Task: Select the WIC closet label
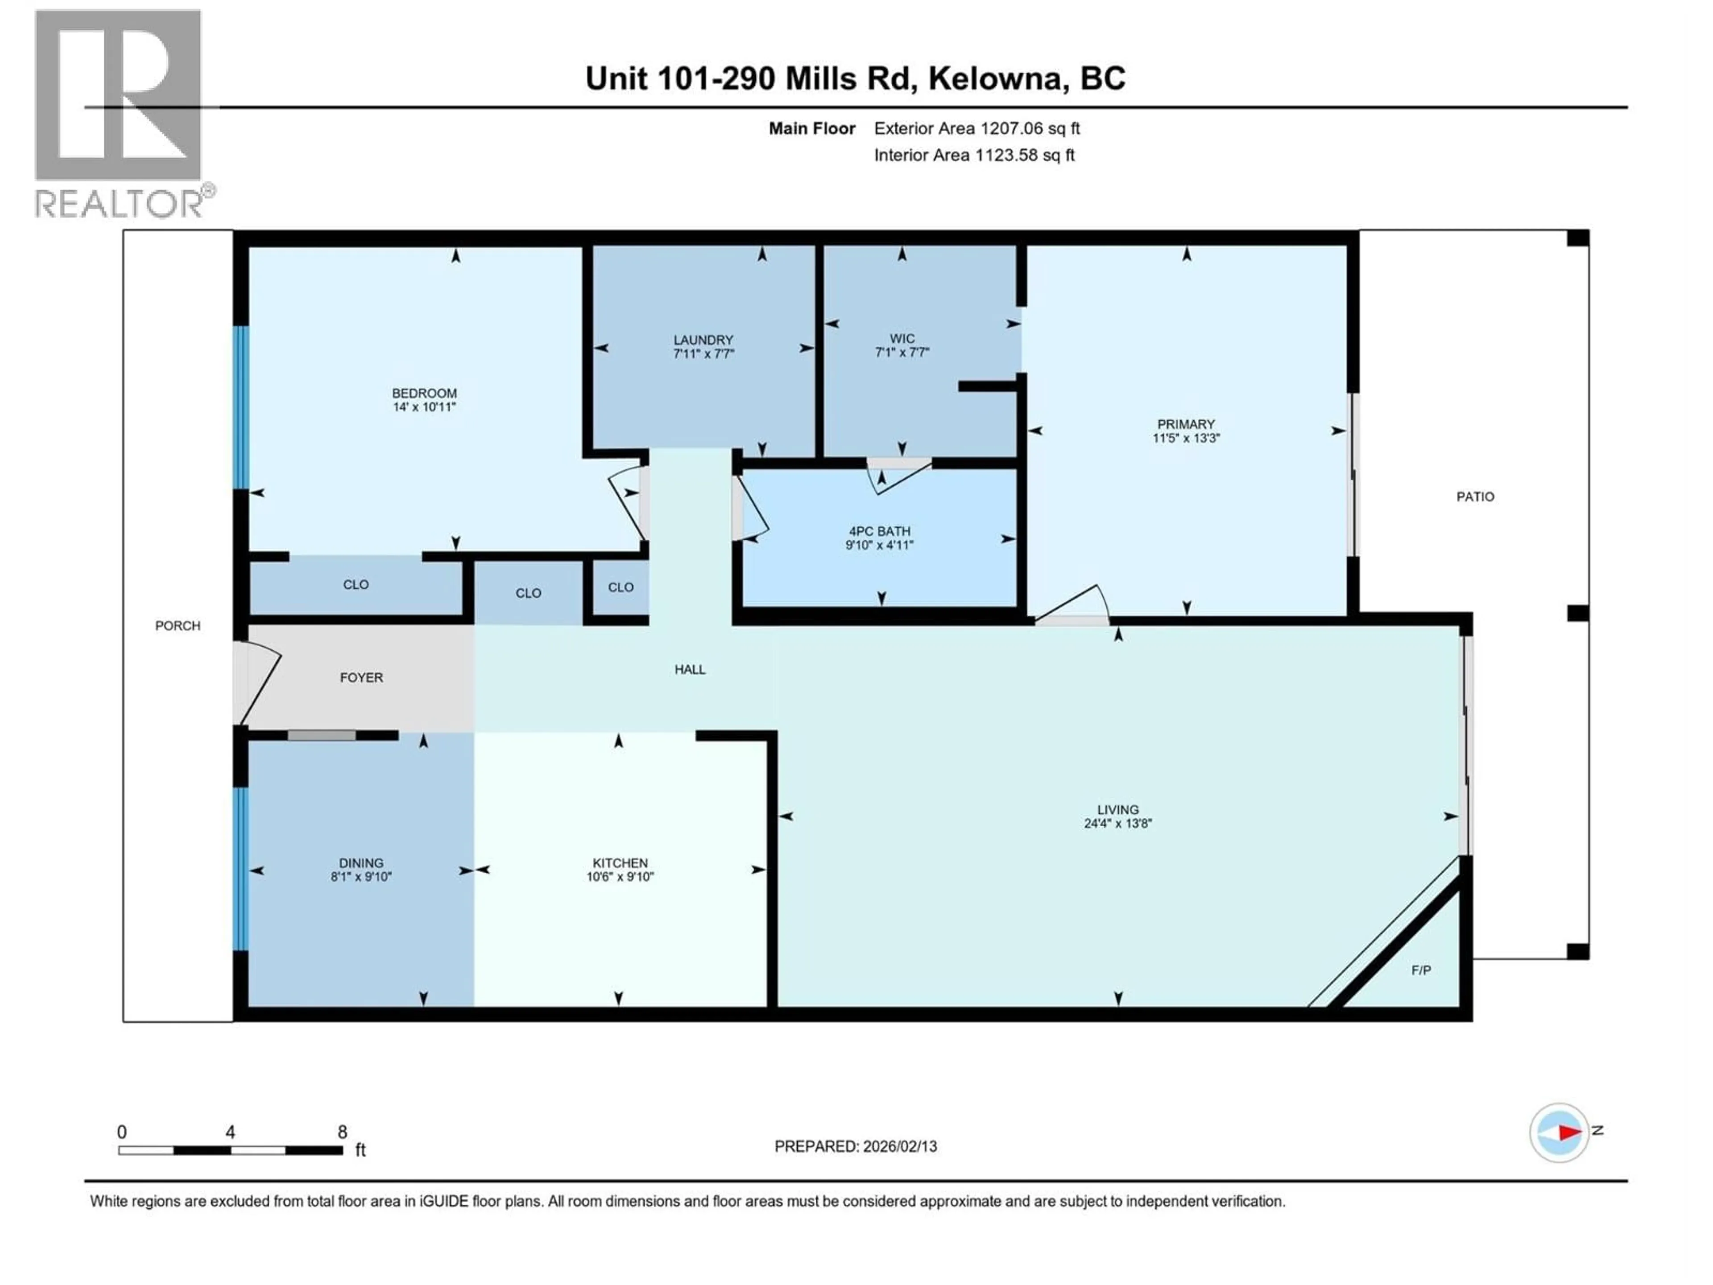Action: click(x=902, y=339)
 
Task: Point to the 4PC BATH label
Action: click(x=879, y=531)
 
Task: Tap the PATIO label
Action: click(x=1474, y=497)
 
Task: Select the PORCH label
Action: click(x=178, y=626)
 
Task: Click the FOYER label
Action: click(x=361, y=678)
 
